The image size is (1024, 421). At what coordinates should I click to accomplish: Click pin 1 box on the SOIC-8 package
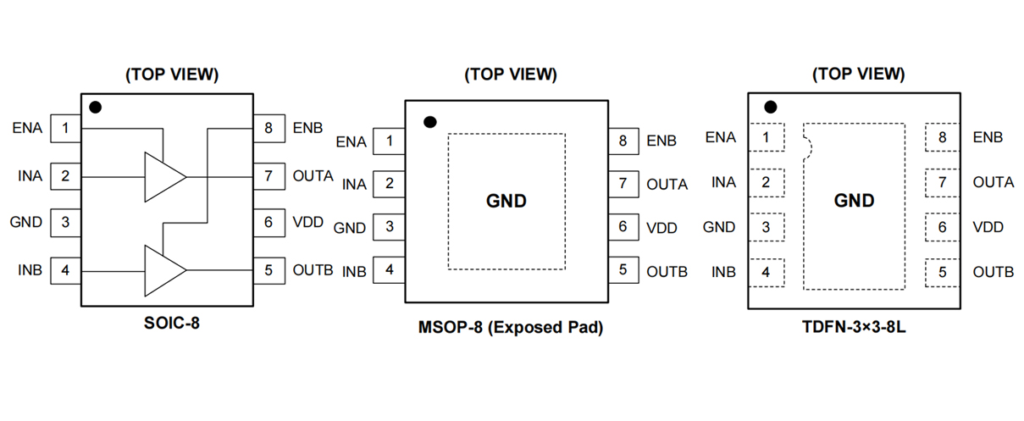pyautogui.click(x=65, y=129)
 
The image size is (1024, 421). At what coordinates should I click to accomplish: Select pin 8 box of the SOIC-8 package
pyautogui.click(x=268, y=129)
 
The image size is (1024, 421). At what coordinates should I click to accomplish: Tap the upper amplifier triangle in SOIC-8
pyautogui.click(x=163, y=177)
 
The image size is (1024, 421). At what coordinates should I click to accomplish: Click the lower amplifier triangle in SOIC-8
pyautogui.click(x=163, y=271)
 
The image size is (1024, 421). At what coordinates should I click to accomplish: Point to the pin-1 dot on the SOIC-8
pyautogui.click(x=96, y=108)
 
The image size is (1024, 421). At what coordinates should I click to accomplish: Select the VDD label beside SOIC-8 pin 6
pyautogui.click(x=308, y=223)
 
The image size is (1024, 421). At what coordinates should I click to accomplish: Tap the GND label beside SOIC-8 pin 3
pyautogui.click(x=25, y=223)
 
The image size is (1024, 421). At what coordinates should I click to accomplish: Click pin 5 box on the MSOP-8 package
pyautogui.click(x=623, y=270)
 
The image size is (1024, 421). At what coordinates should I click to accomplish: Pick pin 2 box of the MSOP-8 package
pyautogui.click(x=389, y=183)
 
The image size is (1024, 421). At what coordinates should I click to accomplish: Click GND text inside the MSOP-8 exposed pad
pyautogui.click(x=506, y=201)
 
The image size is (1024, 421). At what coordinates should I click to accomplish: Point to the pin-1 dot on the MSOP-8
pyautogui.click(x=429, y=122)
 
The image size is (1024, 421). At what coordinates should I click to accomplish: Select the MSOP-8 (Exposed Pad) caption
pyautogui.click(x=511, y=328)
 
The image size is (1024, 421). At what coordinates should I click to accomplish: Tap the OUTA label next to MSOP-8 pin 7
pyautogui.click(x=667, y=184)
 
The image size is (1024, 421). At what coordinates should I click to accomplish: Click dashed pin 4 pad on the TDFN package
pyautogui.click(x=767, y=272)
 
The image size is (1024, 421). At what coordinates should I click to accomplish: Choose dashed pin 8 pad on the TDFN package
pyautogui.click(x=942, y=137)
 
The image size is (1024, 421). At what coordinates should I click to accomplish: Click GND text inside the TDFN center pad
pyautogui.click(x=854, y=201)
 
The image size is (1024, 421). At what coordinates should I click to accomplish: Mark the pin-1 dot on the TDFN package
pyautogui.click(x=770, y=108)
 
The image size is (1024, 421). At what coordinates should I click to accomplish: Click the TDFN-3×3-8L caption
pyautogui.click(x=857, y=328)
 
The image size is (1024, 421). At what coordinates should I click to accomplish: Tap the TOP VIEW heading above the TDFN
pyautogui.click(x=858, y=74)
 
